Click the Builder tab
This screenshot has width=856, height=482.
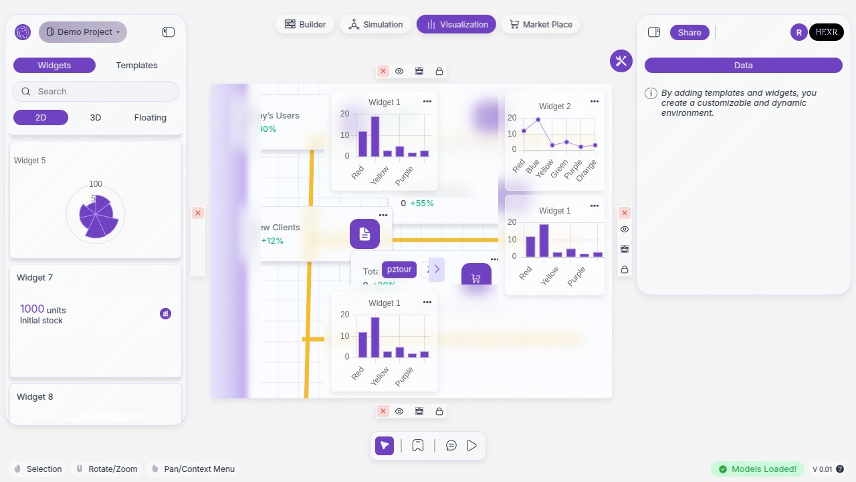click(305, 24)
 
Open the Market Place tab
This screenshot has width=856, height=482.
click(540, 24)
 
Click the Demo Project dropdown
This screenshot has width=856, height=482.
click(83, 31)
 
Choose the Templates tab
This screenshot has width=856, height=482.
click(136, 66)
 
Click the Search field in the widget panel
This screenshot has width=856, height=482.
click(96, 91)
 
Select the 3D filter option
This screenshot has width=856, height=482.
click(96, 117)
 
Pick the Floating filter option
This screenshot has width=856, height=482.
click(150, 117)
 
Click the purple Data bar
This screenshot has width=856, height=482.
click(743, 65)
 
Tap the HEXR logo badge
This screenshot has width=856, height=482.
click(826, 32)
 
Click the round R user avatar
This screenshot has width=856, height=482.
click(798, 32)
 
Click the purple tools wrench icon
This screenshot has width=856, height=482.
click(621, 61)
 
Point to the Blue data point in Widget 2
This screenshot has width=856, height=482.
click(538, 120)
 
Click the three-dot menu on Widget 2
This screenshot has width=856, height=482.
click(594, 101)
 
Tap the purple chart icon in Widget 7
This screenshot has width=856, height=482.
click(165, 313)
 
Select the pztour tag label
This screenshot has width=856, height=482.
click(399, 269)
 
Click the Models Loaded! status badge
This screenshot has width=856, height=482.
click(757, 469)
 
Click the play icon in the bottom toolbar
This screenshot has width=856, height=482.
click(472, 445)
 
